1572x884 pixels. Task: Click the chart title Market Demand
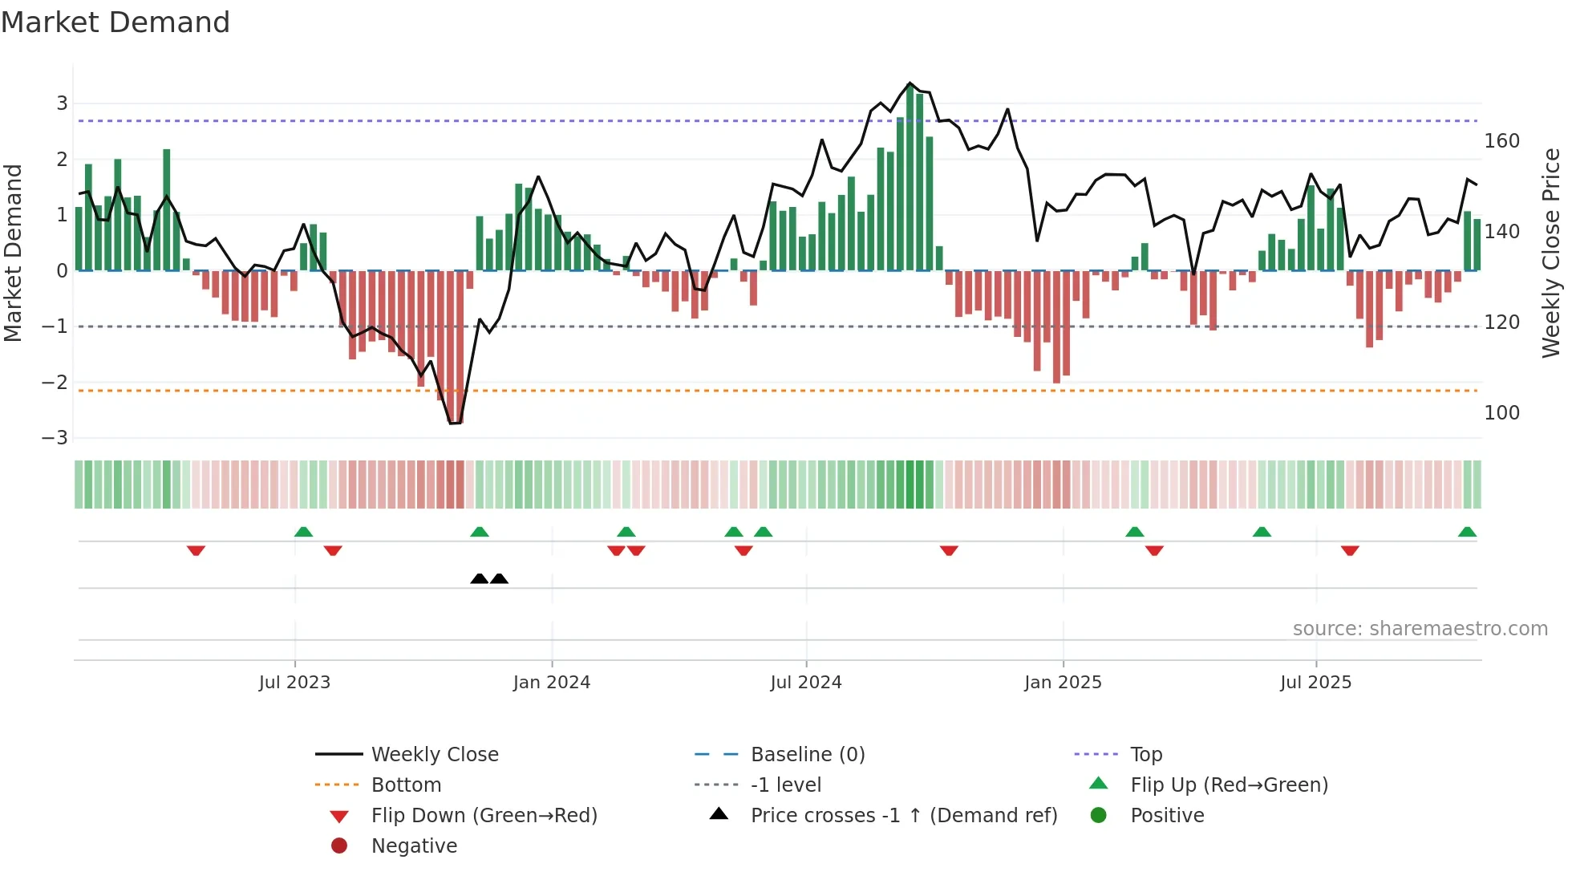115,22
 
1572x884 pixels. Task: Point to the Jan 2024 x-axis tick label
552,683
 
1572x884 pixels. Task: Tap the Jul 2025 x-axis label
1315,683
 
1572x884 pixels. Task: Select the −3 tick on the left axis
55,438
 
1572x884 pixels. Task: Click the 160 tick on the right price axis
1501,141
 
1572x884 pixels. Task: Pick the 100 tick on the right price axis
1501,413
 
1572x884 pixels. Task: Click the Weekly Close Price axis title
1551,253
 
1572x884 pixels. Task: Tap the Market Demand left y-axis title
13,253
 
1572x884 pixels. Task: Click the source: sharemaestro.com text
1420,629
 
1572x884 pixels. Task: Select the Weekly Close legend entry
434,755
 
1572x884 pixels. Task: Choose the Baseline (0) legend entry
807,755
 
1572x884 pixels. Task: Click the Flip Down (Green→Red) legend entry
484,816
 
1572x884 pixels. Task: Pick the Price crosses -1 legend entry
903,816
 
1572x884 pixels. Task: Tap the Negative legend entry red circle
339,846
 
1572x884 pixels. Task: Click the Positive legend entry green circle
1099,816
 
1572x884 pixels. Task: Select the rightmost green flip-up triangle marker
1467,533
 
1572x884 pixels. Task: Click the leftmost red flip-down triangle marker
196,550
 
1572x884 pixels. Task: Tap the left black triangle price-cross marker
479,579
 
